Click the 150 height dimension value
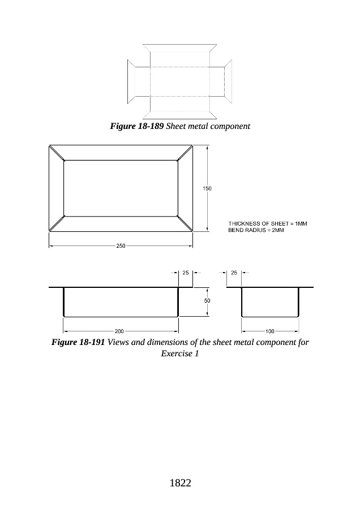(x=208, y=188)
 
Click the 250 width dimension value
(x=121, y=246)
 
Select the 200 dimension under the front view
(x=119, y=330)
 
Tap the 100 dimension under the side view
(x=270, y=330)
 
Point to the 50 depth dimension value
(x=207, y=301)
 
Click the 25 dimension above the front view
(x=186, y=273)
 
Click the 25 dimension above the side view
(x=234, y=273)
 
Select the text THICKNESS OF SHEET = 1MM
(x=267, y=224)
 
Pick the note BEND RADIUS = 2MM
(x=256, y=231)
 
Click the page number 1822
(x=180, y=483)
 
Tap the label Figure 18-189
(x=136, y=126)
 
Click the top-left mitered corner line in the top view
(x=57, y=153)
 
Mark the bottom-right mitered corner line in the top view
(x=186, y=224)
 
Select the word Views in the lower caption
(x=118, y=343)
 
